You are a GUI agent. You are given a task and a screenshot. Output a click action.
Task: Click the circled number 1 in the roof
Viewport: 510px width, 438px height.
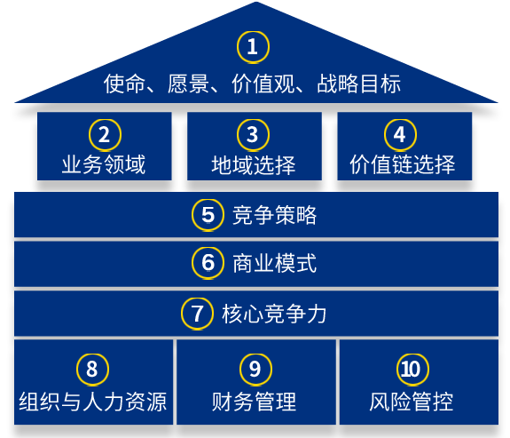tap(253, 47)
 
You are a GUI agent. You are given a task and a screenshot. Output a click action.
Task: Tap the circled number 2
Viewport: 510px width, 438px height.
tap(105, 135)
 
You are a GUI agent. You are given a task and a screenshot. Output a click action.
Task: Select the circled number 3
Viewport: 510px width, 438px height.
tap(253, 135)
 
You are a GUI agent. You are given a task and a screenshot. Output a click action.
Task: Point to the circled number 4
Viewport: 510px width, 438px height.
tap(400, 135)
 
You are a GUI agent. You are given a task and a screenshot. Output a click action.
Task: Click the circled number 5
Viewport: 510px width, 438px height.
tap(208, 215)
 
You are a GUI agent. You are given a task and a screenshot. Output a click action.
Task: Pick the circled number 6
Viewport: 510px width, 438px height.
tap(208, 263)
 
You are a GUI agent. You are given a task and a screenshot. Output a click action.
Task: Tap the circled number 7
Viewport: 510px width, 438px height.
tap(197, 314)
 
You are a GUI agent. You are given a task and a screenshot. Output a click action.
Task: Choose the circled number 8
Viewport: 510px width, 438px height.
tap(92, 370)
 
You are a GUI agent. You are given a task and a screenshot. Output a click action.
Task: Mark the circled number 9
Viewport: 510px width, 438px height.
tap(255, 370)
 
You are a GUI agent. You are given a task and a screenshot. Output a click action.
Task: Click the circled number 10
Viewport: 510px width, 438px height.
tap(412, 370)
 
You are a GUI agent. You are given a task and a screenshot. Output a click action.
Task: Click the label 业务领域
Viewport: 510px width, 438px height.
tap(104, 164)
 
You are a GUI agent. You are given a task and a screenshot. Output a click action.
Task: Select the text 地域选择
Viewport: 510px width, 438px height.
tap(254, 164)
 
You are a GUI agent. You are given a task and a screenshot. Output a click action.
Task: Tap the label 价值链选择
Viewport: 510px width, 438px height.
tap(403, 164)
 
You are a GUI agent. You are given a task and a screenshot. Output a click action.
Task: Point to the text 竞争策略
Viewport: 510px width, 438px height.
tap(275, 215)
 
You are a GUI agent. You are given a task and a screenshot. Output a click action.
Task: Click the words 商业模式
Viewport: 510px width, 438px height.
tap(275, 263)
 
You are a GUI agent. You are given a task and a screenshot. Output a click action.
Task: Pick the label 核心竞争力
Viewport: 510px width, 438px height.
tap(274, 314)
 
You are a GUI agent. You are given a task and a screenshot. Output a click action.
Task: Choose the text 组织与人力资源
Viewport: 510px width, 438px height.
tap(93, 402)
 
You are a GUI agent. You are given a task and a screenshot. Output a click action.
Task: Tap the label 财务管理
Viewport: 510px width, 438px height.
tap(254, 402)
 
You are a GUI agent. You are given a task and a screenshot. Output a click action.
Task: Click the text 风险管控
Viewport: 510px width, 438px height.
tap(412, 402)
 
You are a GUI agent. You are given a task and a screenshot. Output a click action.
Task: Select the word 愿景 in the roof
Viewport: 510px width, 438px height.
tap(188, 84)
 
